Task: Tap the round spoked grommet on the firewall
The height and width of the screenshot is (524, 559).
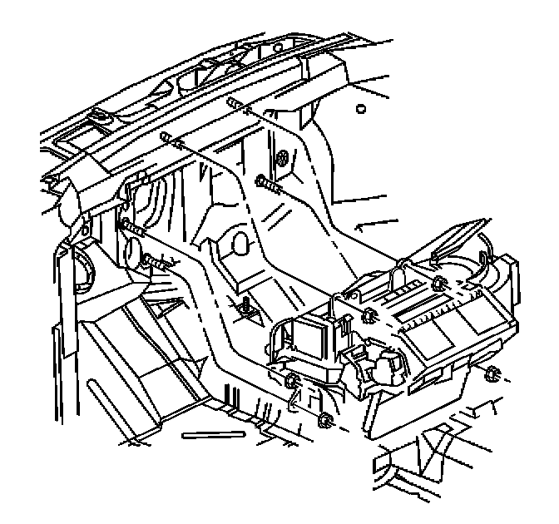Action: [283, 156]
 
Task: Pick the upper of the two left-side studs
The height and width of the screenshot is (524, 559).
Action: [131, 226]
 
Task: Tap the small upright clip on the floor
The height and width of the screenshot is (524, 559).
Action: [245, 310]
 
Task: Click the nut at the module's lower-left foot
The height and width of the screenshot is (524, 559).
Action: [290, 382]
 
